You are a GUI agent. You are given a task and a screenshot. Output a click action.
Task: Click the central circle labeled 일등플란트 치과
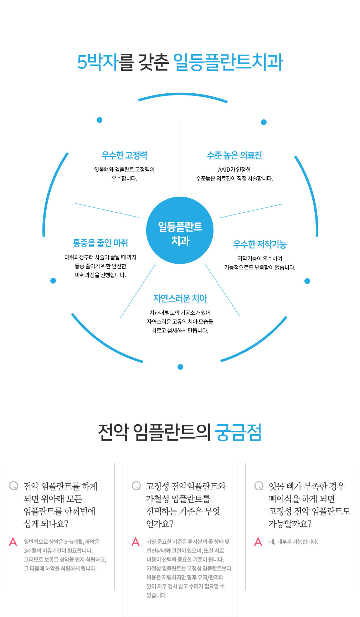[x=180, y=230]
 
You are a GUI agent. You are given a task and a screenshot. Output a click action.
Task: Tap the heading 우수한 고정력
[x=124, y=155]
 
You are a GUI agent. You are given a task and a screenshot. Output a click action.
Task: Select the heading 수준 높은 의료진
[x=234, y=155]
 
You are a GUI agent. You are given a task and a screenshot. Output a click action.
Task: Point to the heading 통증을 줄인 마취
[x=100, y=243]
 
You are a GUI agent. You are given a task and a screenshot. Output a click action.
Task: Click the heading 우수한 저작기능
[x=259, y=244]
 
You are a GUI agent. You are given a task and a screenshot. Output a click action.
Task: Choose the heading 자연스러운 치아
[x=180, y=299]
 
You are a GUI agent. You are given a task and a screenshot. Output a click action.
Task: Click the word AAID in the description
[x=224, y=170]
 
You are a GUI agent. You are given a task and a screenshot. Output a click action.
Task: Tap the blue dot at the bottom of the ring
[x=180, y=367]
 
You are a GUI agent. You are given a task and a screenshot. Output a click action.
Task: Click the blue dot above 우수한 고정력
[x=99, y=120]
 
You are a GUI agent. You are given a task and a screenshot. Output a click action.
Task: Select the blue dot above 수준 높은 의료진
[x=264, y=122]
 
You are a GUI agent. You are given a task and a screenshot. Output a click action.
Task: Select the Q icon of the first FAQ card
[x=14, y=486]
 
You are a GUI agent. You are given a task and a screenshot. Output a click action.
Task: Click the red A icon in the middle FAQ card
[x=135, y=542]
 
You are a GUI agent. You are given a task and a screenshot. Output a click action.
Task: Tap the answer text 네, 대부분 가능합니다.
[x=293, y=542]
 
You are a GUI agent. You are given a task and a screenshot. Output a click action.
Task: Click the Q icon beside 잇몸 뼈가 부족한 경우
[x=259, y=486]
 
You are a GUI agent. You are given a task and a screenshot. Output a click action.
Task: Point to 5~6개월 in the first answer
[x=74, y=542]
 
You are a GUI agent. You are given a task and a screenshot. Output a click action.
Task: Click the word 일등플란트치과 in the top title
[x=228, y=62]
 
